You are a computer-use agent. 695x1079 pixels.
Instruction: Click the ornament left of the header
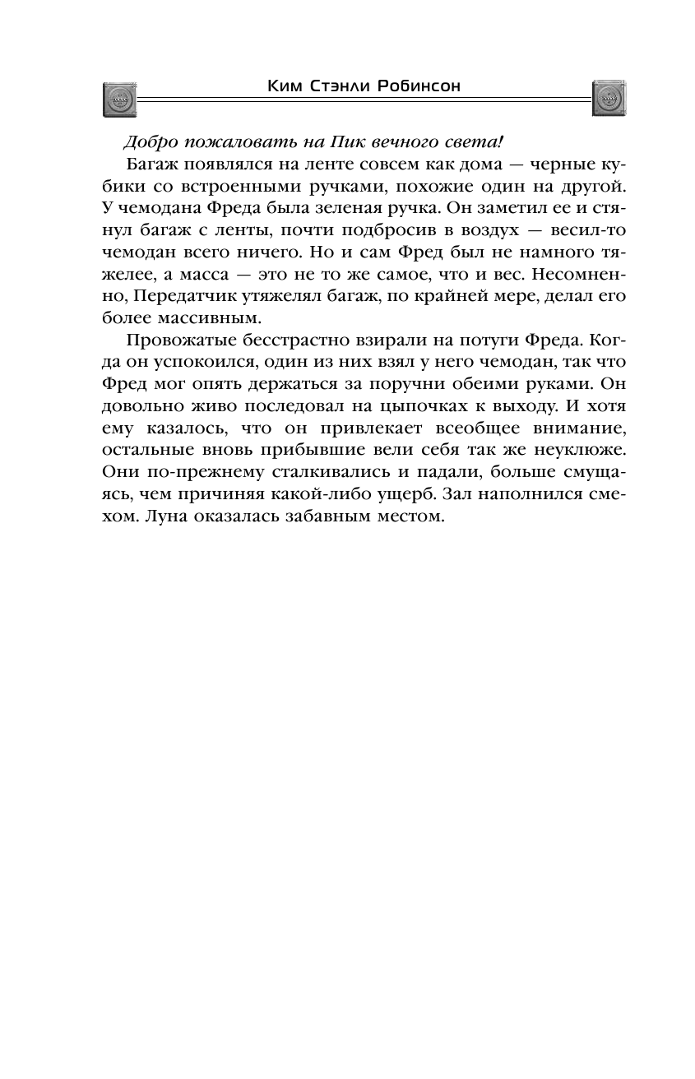click(119, 99)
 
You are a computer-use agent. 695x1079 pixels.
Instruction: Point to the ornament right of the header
click(609, 99)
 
